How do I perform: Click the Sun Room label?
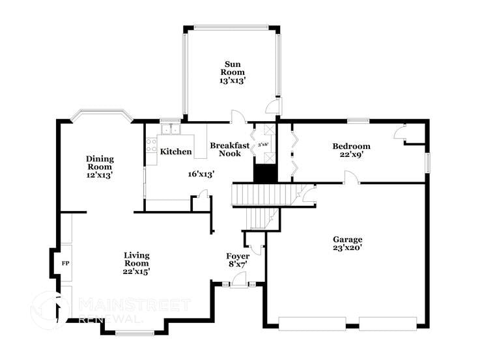click(x=233, y=68)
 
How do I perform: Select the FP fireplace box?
click(x=65, y=263)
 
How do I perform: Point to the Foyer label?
click(x=238, y=256)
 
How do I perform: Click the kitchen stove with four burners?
click(x=151, y=144)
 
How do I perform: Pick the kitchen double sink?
click(x=171, y=128)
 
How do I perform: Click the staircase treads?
click(x=264, y=194)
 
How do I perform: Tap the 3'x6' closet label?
click(x=264, y=145)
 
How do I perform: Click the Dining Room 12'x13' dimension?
click(x=100, y=175)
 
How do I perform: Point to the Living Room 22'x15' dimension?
click(x=137, y=271)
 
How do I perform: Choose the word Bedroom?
click(x=351, y=146)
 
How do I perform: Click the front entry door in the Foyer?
click(x=238, y=282)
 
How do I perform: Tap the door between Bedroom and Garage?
click(x=351, y=178)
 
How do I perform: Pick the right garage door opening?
click(x=388, y=322)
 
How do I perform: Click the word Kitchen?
click(x=176, y=152)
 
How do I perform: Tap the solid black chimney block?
click(x=264, y=173)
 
